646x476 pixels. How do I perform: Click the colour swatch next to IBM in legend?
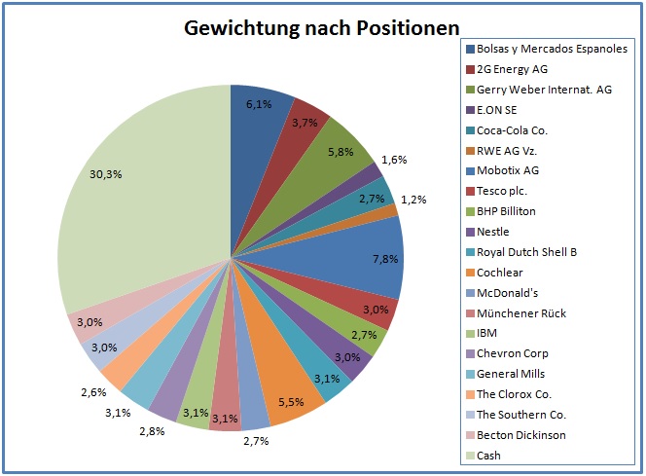tap(471, 333)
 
